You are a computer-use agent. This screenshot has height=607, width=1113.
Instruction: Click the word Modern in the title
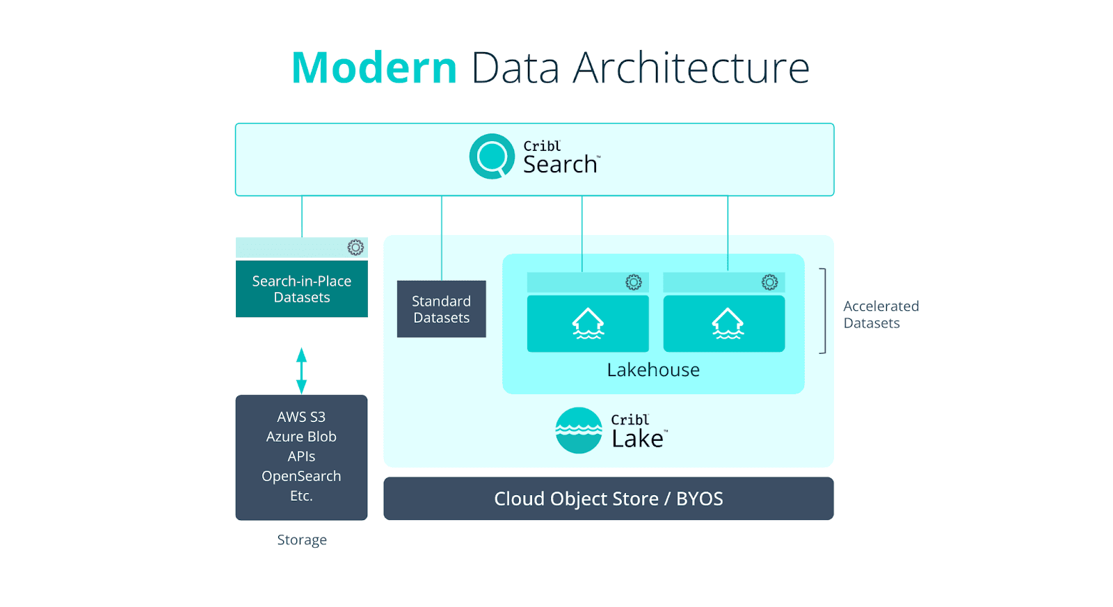pos(374,68)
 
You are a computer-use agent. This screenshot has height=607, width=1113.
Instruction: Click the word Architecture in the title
pos(691,68)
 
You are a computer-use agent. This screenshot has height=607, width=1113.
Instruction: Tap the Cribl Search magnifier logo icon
pos(492,156)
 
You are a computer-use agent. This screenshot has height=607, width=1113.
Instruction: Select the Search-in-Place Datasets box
pos(301,289)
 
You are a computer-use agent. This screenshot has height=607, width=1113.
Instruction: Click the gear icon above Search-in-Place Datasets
pos(355,248)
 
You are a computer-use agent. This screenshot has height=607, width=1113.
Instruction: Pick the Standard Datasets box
pos(441,309)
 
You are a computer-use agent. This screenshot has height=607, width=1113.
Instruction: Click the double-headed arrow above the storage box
pos(301,371)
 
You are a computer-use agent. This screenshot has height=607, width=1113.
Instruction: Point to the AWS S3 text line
pos(301,417)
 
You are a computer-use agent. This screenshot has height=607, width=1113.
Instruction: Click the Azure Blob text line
pos(301,437)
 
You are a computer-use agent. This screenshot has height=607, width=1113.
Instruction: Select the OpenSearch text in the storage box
pos(301,476)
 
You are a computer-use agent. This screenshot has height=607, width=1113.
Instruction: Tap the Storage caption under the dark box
pos(302,540)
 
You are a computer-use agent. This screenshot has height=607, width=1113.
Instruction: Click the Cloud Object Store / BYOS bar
pos(608,499)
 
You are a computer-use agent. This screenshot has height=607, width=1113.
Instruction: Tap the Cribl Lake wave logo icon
pos(579,430)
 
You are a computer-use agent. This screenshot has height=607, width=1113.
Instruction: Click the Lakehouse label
pos(653,370)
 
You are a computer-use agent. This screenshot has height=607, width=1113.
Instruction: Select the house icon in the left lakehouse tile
pos(588,323)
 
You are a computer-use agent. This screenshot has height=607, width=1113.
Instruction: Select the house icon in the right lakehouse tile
pos(728,323)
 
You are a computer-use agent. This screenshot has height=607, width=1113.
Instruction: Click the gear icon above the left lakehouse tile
pos(633,282)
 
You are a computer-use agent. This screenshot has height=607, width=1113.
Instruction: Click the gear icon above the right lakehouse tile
pos(769,282)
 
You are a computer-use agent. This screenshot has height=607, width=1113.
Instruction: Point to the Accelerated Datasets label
pos(881,314)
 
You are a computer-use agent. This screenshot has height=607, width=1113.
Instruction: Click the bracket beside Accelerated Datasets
pos(824,311)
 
